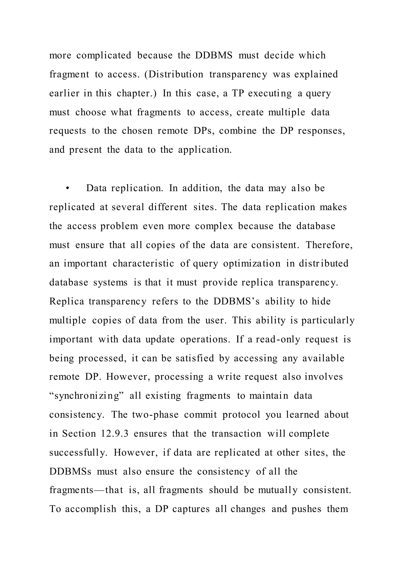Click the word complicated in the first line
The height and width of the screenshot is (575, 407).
pos(104,55)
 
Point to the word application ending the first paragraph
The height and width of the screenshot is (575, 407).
pos(205,150)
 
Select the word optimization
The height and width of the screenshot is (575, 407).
pos(252,263)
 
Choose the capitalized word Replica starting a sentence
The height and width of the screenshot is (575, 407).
pos(67,301)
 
